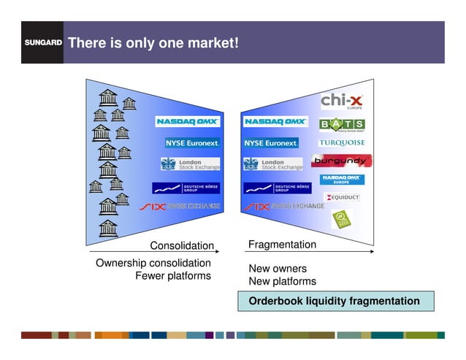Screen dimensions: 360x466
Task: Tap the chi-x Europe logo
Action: click(342, 100)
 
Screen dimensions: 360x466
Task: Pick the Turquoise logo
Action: click(342, 142)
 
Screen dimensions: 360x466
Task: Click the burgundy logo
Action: click(342, 161)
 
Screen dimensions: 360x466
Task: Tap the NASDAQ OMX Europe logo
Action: click(342, 179)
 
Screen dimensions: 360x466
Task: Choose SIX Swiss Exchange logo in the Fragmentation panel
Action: click(284, 207)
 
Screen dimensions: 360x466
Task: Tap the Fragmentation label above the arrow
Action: click(283, 245)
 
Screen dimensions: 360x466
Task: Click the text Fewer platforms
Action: click(173, 276)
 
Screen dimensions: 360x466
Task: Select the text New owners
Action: click(278, 269)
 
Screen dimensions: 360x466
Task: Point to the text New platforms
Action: click(283, 281)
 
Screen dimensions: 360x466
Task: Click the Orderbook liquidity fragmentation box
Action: click(335, 301)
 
